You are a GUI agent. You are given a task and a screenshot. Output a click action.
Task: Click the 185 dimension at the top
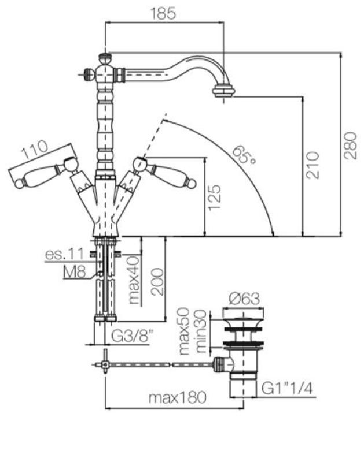point(164,14)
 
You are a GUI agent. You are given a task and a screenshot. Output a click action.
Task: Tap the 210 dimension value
point(312,164)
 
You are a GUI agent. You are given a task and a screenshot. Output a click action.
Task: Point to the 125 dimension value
point(215,198)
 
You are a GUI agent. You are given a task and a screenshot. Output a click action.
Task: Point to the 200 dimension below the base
point(157,281)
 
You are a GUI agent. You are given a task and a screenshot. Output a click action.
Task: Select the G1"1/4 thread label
point(286,388)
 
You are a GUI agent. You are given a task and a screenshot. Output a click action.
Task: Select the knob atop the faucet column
point(105,58)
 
